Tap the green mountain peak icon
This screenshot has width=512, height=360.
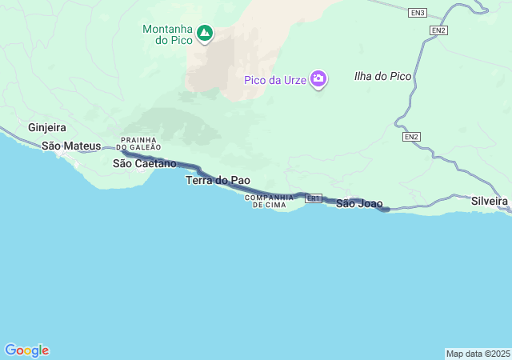coord(205,34)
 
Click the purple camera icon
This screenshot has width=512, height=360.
coord(318,79)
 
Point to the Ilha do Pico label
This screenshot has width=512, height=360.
coord(382,76)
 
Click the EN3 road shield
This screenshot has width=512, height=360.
coord(418,13)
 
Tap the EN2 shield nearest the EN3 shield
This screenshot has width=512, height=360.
coord(438,30)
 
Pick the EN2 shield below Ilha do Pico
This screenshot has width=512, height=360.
coord(411,137)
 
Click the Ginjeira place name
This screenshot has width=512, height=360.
coord(47,127)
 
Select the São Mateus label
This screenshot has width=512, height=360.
coord(71,146)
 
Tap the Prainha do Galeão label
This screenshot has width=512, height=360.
coord(139,143)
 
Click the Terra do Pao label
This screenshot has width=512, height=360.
coord(218,180)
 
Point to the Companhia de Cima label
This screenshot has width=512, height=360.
coord(266,201)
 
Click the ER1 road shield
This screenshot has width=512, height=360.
coord(314,198)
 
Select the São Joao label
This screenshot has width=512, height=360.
coord(359,203)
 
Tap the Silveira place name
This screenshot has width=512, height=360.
coord(490,200)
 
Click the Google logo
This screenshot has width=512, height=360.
coord(26,350)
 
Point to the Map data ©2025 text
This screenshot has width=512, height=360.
coord(478,354)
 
